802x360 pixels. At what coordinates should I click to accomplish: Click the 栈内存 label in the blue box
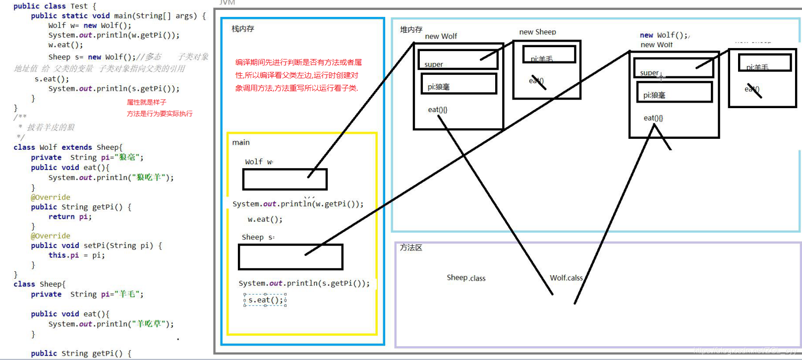click(243, 29)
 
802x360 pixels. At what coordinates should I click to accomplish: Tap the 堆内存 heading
click(411, 30)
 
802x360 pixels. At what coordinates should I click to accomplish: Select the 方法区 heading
click(411, 247)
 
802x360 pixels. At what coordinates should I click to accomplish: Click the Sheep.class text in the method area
click(466, 278)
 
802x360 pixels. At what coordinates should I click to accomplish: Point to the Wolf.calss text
click(566, 278)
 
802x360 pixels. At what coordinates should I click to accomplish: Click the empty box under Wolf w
click(285, 180)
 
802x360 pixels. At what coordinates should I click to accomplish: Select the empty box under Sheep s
click(290, 257)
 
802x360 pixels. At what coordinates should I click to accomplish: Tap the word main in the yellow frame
click(241, 142)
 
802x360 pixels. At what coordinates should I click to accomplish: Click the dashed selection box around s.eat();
click(265, 300)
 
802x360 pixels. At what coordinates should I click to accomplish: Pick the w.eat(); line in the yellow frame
click(265, 219)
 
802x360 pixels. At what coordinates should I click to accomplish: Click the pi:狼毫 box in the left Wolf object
click(458, 84)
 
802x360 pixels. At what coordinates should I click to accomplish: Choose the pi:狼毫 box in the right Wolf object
click(674, 92)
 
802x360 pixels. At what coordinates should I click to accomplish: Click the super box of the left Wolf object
click(457, 60)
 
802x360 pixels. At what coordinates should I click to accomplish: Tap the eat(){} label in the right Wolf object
click(653, 118)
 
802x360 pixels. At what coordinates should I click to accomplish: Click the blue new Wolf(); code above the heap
click(664, 35)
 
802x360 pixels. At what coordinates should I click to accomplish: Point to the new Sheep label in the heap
click(537, 32)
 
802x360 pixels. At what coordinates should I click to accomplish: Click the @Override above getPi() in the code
click(51, 197)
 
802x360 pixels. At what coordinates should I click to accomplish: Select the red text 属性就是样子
click(146, 102)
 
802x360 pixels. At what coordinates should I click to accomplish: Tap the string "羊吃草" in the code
click(147, 324)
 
